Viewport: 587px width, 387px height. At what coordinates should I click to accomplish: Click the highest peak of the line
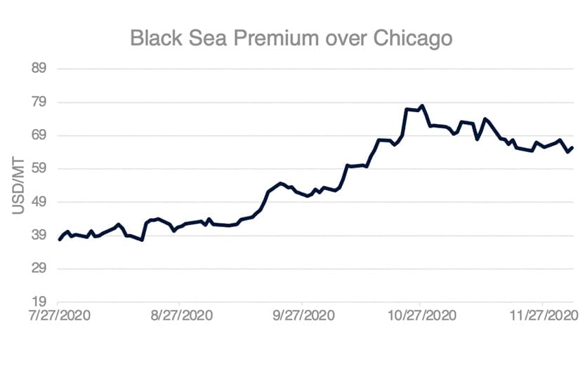pyautogui.click(x=422, y=106)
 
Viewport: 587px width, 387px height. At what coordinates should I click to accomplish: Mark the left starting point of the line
pyautogui.click(x=60, y=240)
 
